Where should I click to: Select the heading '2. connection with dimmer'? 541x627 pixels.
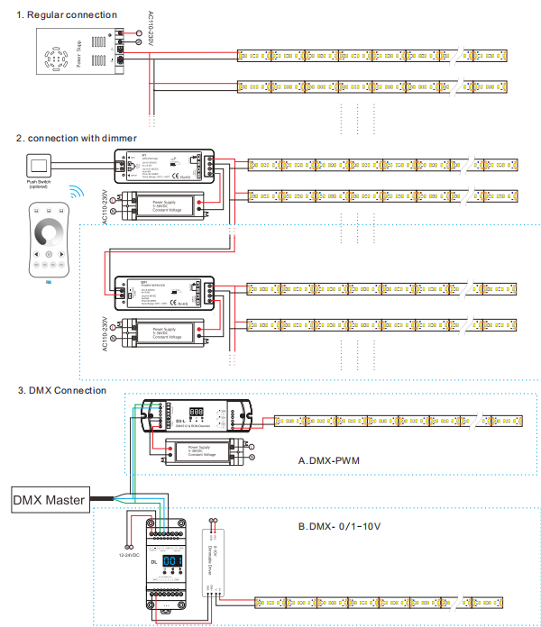click(x=76, y=138)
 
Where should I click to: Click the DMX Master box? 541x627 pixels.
click(x=50, y=498)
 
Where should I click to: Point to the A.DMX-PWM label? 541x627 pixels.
click(x=328, y=459)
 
